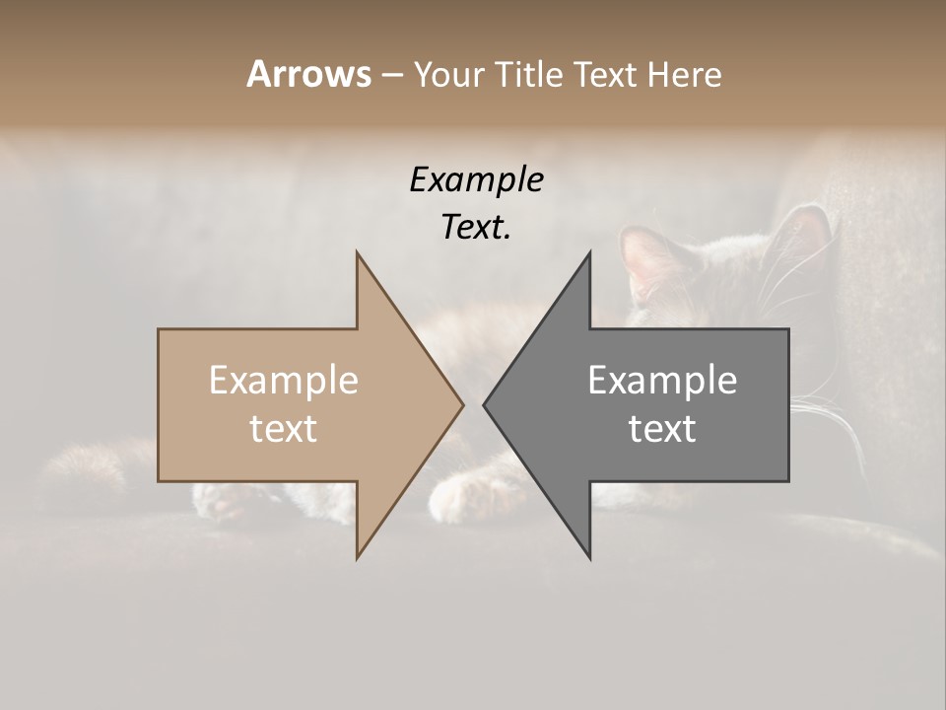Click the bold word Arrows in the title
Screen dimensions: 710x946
click(x=308, y=74)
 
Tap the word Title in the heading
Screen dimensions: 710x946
click(x=529, y=75)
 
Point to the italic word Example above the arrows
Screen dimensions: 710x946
click(x=476, y=180)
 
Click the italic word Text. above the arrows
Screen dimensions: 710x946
click(x=476, y=228)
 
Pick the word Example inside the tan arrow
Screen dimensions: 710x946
click(x=284, y=381)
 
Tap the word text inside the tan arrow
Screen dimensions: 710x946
click(x=284, y=428)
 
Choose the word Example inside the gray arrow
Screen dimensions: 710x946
click(x=662, y=381)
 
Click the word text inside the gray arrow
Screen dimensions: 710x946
click(x=662, y=428)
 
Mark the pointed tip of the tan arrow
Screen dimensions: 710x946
click(x=462, y=404)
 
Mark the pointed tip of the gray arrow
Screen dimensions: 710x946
click(x=484, y=404)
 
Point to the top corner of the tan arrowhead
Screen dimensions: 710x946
click(x=358, y=252)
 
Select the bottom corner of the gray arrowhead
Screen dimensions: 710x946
click(x=589, y=558)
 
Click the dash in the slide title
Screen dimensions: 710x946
click(x=391, y=75)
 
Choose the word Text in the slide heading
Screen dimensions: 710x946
click(x=605, y=75)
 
